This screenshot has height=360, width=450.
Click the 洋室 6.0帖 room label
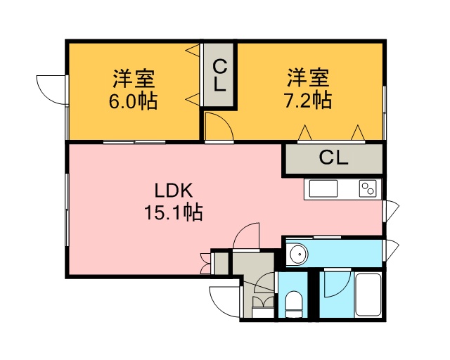click(133, 89)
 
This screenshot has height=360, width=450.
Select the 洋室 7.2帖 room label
click(308, 89)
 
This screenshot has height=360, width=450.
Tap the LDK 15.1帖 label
click(174, 201)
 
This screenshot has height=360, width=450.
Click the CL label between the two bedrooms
click(219, 76)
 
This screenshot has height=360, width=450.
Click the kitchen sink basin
click(323, 189)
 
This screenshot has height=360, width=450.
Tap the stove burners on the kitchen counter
click(368, 188)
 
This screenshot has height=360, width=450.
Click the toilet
click(294, 305)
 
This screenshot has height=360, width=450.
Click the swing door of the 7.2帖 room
click(219, 127)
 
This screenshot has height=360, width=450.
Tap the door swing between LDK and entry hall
click(247, 236)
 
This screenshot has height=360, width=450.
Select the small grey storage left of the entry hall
click(220, 263)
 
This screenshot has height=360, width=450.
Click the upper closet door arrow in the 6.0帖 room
click(193, 51)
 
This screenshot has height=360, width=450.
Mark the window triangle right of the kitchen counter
click(390, 208)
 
